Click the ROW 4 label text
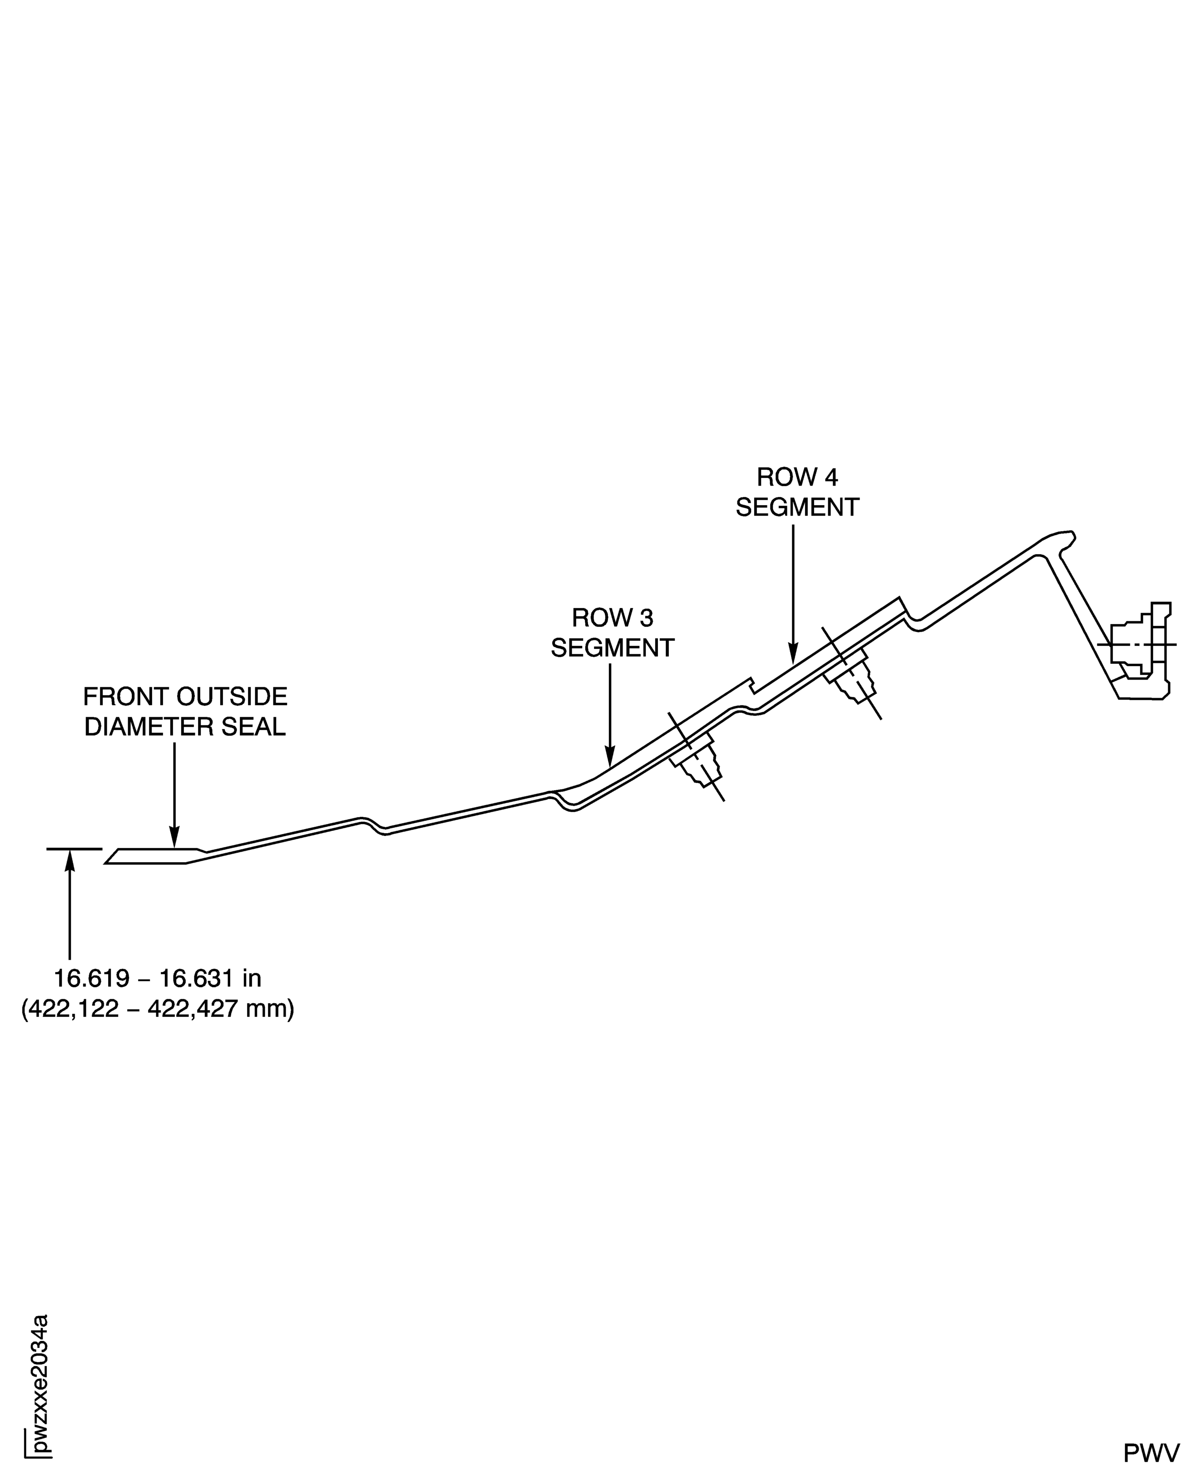tap(797, 477)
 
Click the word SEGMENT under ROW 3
tap(612, 648)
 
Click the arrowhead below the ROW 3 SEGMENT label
tap(610, 757)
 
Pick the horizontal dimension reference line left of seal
tap(74, 849)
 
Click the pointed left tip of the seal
tap(107, 862)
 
